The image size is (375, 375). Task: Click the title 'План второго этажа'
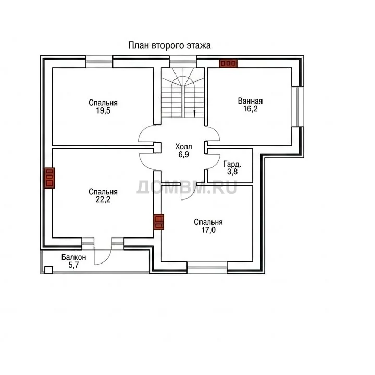(169, 45)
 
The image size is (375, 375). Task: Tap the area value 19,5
(103, 111)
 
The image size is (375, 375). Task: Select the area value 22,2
(103, 199)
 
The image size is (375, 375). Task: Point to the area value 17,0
(208, 230)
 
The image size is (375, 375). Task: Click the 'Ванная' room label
(250, 101)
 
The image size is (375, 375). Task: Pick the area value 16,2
(250, 109)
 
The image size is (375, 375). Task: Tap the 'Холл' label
(183, 146)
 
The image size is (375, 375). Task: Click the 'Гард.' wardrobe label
(232, 164)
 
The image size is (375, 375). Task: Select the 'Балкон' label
(73, 257)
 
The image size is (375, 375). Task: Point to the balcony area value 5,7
(73, 265)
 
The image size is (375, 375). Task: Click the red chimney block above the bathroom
(228, 64)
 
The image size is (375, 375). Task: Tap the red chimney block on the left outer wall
(49, 178)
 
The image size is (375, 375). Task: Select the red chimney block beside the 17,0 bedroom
(158, 221)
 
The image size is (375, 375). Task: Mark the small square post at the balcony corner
(48, 270)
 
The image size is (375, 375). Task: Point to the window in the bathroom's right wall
(297, 106)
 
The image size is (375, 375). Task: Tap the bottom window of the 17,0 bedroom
(207, 267)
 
